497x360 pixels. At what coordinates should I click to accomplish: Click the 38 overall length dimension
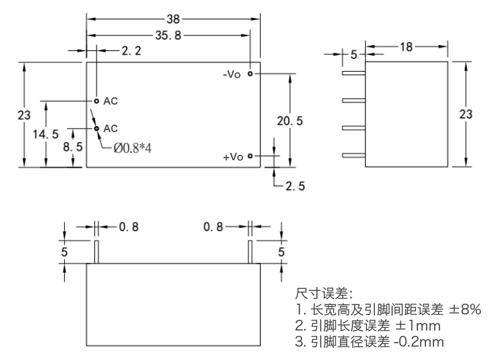click(x=173, y=19)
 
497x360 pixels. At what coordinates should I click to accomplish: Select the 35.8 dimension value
click(x=168, y=36)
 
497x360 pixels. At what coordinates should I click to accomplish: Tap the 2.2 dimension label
click(x=131, y=51)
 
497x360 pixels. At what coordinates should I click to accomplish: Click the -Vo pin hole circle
click(x=250, y=74)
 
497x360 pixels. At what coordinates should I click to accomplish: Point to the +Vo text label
click(x=233, y=157)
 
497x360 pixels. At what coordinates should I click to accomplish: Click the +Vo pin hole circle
click(x=250, y=156)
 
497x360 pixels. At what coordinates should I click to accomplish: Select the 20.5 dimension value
click(x=290, y=121)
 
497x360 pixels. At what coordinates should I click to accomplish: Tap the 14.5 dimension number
click(x=46, y=134)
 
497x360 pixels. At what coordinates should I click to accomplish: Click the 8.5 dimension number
click(x=72, y=147)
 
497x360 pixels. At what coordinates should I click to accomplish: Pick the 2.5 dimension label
click(x=295, y=186)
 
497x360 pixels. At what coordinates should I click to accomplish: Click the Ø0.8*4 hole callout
click(x=133, y=148)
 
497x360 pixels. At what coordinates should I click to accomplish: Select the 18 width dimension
click(x=406, y=47)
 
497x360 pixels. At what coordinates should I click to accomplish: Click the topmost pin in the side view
click(x=354, y=73)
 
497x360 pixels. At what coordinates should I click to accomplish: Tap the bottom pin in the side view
click(x=354, y=156)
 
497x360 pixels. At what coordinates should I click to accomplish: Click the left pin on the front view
click(x=96, y=252)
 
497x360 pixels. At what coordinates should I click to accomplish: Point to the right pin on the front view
click(x=250, y=252)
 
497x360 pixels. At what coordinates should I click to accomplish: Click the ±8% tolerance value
click(x=465, y=309)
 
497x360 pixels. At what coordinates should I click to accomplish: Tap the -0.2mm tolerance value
click(x=419, y=342)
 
